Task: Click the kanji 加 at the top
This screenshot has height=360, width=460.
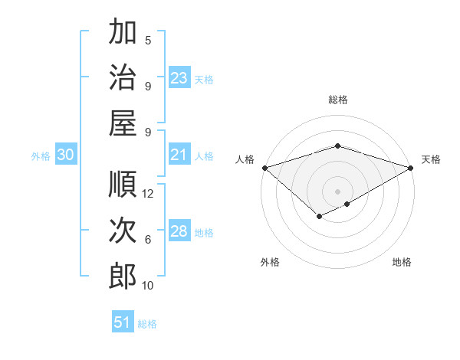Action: (123, 34)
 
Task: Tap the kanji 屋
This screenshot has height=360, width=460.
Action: (123, 123)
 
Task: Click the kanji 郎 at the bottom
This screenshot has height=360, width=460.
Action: (123, 277)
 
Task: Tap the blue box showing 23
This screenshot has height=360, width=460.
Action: (179, 78)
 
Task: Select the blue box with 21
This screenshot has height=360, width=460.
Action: (179, 155)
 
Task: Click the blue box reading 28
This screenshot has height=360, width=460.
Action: (179, 232)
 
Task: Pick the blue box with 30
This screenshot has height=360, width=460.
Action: (66, 155)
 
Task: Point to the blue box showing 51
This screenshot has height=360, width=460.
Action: (123, 322)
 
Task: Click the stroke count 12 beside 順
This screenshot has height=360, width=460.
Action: (149, 194)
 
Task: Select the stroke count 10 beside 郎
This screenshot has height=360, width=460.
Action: (149, 286)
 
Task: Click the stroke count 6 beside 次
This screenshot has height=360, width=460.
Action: (148, 240)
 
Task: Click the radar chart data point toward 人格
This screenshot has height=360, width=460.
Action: (264, 168)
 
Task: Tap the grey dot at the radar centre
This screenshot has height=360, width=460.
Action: (337, 191)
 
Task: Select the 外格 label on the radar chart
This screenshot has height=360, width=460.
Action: (270, 262)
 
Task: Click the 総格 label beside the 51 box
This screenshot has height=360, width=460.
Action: (147, 324)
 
